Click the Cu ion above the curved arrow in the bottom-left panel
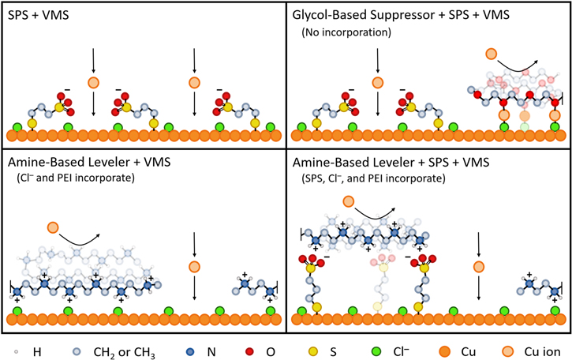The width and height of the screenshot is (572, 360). pos(52,228)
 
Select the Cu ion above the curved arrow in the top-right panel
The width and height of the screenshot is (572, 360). pos(491,54)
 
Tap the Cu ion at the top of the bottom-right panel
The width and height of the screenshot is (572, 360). pos(348,202)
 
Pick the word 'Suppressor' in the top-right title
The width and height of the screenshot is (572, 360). pos(409,17)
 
